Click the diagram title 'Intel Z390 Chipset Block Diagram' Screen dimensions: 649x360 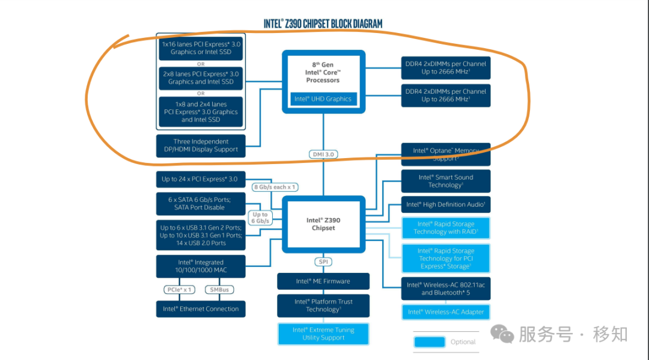(323, 24)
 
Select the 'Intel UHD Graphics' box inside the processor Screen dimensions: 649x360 (323, 99)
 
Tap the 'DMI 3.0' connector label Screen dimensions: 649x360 (323, 154)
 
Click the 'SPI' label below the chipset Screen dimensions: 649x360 (323, 261)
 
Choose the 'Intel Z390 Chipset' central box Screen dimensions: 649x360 (324, 224)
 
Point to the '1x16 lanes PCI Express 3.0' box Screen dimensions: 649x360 (201, 48)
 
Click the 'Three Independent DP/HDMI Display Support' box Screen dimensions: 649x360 (201, 145)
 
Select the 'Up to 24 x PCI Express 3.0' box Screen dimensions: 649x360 (201, 179)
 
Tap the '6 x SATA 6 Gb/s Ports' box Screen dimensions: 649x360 (201, 204)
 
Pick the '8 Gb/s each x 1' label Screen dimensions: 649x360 (275, 187)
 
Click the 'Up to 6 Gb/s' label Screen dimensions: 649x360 (260, 218)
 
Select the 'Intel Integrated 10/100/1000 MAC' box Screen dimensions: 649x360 (201, 266)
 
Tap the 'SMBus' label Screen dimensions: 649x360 (219, 290)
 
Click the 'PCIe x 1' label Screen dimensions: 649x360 (179, 290)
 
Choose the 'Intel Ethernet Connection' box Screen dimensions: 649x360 (201, 309)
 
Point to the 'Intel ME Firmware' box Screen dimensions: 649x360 (323, 281)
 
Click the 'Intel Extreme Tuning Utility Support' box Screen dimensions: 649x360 (323, 334)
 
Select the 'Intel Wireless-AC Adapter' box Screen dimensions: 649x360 (446, 312)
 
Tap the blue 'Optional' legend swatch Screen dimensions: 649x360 (430, 342)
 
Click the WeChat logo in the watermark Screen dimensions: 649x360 (502, 334)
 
